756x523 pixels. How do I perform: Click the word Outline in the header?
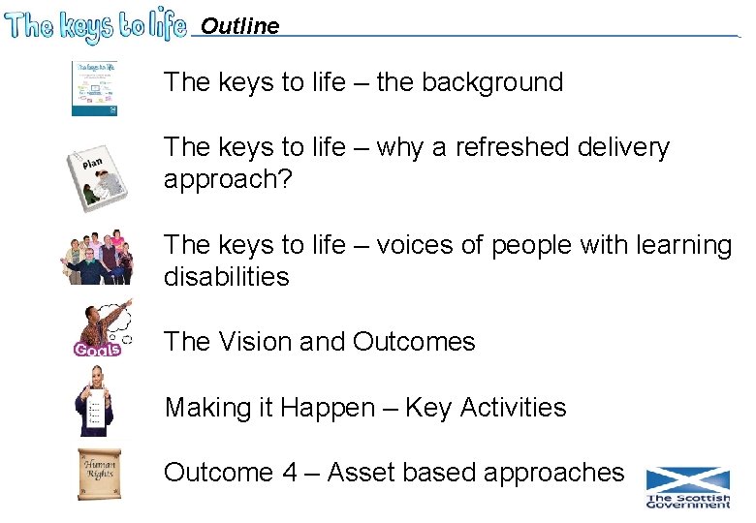[239, 26]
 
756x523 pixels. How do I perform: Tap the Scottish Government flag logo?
[688, 487]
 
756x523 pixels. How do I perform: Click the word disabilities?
[227, 277]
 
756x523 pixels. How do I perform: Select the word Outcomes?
[414, 342]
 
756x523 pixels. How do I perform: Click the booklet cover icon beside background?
[94, 88]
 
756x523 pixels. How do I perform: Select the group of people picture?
[97, 256]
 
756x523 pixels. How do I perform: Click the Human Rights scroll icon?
[100, 474]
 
